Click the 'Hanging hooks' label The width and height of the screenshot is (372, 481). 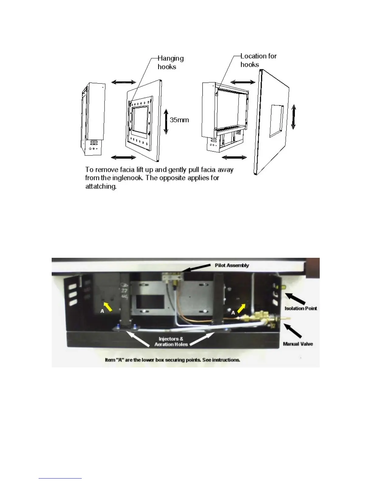click(x=170, y=63)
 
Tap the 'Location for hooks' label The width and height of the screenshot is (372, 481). click(x=258, y=60)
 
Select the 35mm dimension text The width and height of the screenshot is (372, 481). click(x=179, y=120)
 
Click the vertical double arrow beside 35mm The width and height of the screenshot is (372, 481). click(x=166, y=121)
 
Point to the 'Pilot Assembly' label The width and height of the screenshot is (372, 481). click(x=232, y=265)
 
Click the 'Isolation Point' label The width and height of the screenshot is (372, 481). click(x=301, y=308)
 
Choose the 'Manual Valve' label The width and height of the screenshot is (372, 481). click(x=298, y=344)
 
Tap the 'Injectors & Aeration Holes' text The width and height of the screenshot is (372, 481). click(x=171, y=341)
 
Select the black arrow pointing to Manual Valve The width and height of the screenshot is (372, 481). click(x=293, y=331)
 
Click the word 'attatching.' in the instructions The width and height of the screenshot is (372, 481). click(x=101, y=186)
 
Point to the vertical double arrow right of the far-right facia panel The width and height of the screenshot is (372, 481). click(x=293, y=117)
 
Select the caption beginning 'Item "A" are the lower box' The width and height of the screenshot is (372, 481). click(x=172, y=360)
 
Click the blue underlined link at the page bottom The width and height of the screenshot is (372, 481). click(x=60, y=478)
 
